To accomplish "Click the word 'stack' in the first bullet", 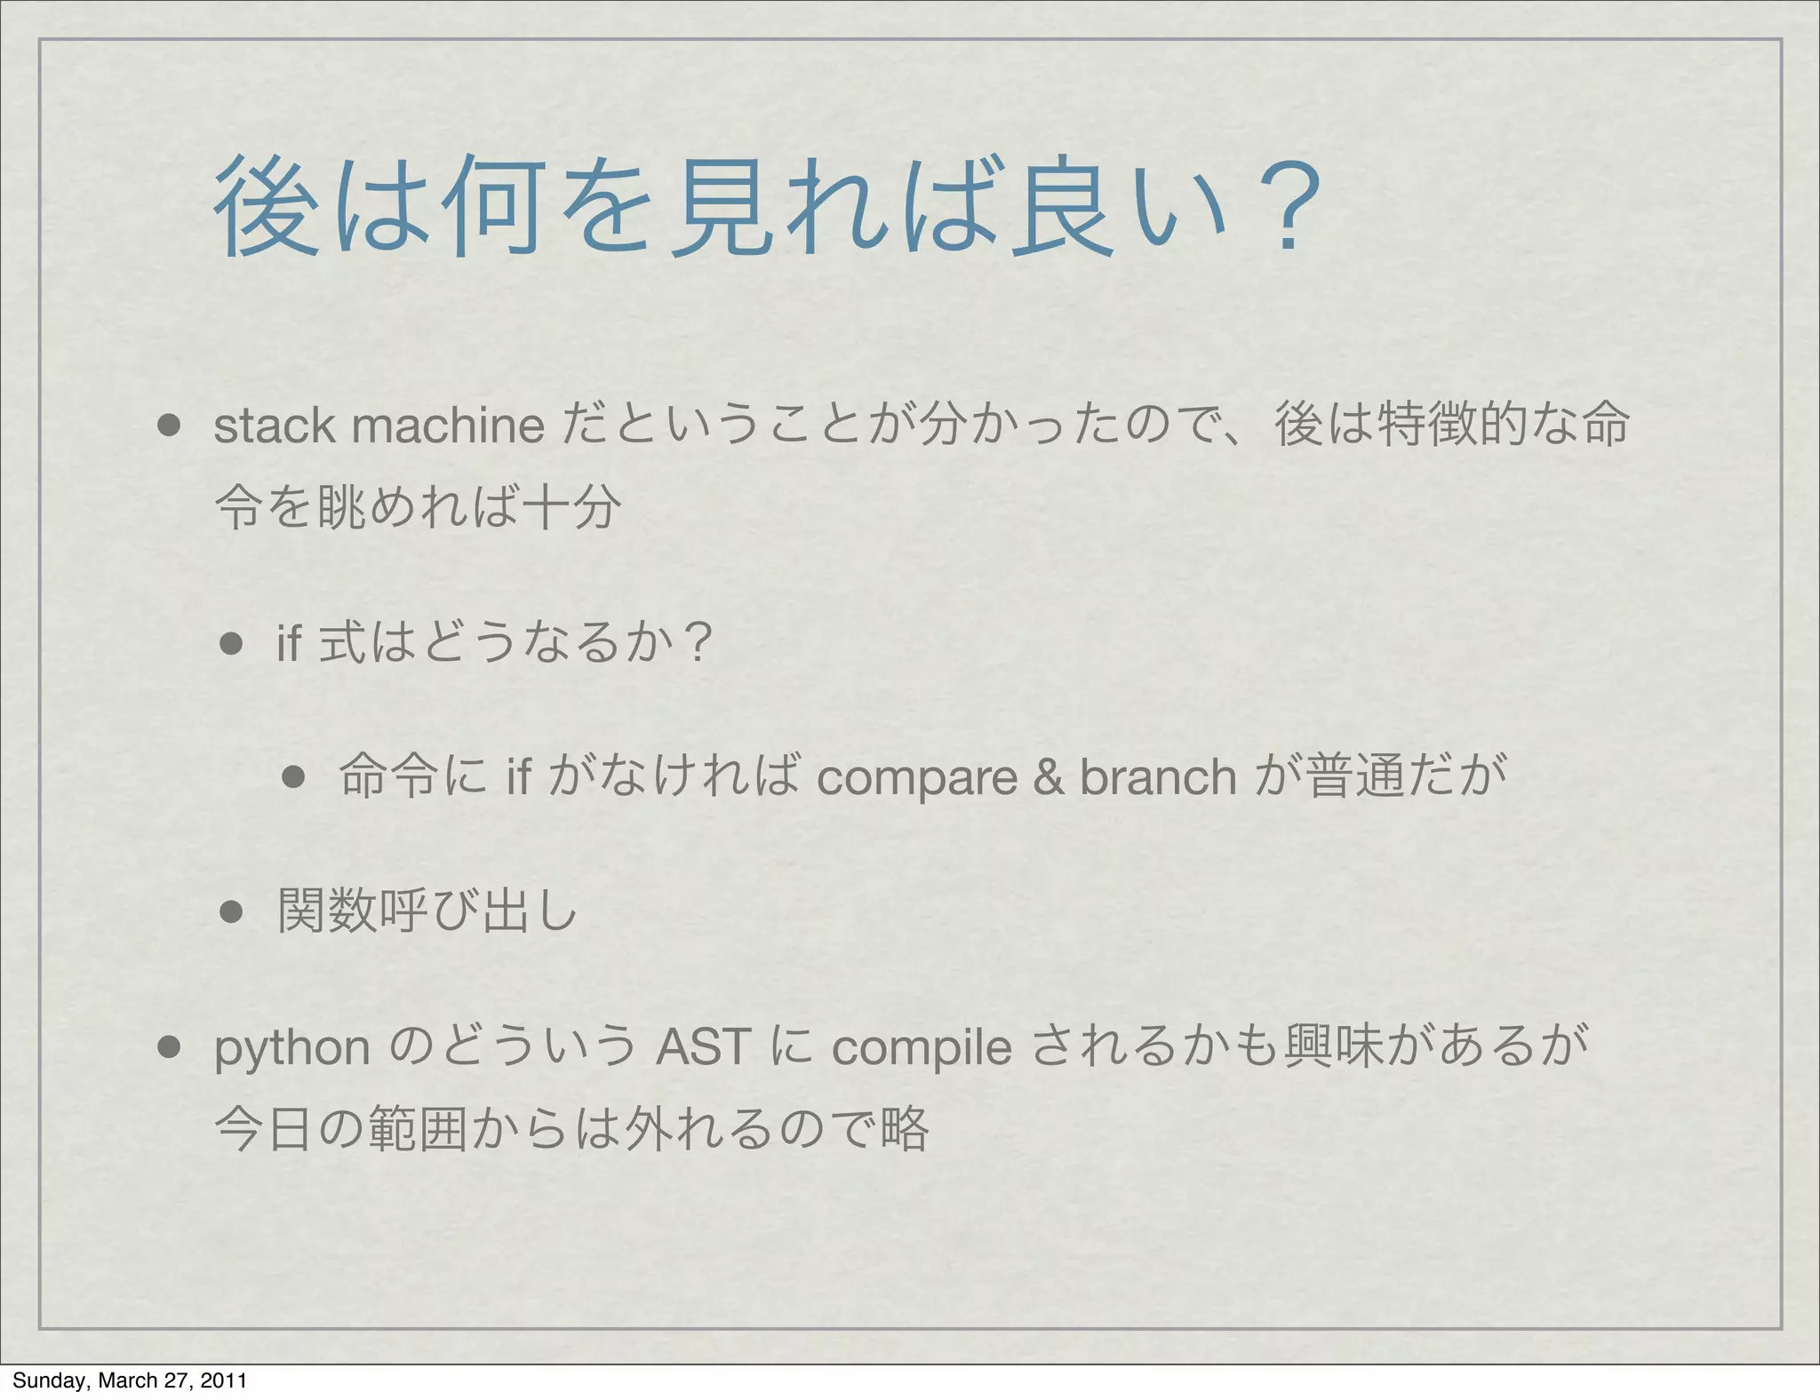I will click(x=274, y=426).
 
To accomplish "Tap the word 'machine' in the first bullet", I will click(x=449, y=426).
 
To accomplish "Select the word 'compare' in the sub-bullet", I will click(x=916, y=777).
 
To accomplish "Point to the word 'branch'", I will click(x=1157, y=777).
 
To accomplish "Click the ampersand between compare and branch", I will click(x=1049, y=777).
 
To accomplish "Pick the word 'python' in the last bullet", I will click(x=292, y=1049).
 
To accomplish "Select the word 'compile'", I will click(x=922, y=1048).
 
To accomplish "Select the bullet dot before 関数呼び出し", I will click(x=231, y=912).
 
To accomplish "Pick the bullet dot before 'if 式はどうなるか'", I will click(x=231, y=643).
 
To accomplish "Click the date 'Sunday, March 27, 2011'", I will click(x=130, y=1380).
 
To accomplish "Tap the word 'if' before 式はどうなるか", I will click(x=290, y=642).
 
